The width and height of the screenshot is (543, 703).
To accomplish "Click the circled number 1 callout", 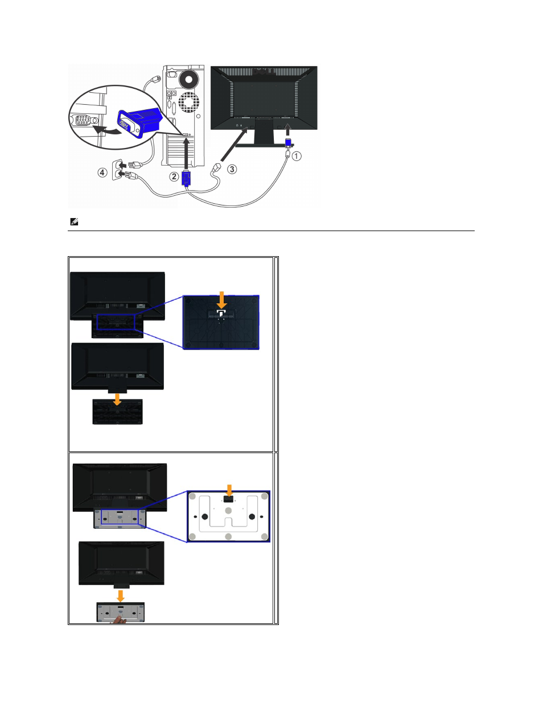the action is [296, 156].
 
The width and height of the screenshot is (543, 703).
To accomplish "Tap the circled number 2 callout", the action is [174, 176].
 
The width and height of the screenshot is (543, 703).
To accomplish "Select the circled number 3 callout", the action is [232, 169].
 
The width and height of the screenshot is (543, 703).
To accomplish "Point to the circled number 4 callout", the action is [102, 172].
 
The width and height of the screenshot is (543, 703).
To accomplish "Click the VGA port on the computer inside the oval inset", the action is [83, 120].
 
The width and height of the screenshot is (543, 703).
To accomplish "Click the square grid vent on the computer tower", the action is [188, 102].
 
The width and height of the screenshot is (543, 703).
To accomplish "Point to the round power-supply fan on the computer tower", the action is [189, 79].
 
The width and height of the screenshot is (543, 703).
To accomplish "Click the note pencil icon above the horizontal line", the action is [74, 221].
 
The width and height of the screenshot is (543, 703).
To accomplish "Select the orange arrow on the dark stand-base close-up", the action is [221, 300].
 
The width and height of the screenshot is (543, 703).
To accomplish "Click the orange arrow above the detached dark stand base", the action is [117, 399].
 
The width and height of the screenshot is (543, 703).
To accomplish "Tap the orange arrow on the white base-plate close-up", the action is [229, 491].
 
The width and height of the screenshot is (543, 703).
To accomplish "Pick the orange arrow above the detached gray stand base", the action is [120, 596].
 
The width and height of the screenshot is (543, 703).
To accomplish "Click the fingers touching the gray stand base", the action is [119, 619].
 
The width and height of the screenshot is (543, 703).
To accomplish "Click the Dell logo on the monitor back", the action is [264, 72].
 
